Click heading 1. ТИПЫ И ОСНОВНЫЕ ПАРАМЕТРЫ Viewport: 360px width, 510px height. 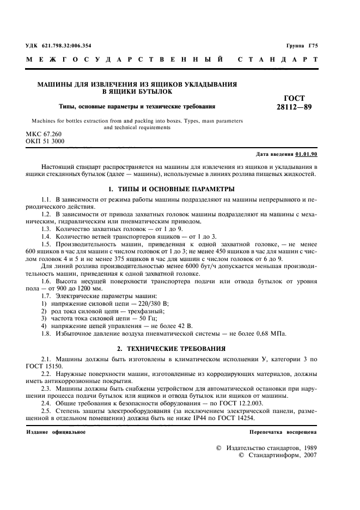click(x=172, y=189)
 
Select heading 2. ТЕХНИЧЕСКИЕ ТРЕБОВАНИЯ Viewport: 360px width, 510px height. click(x=172, y=348)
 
